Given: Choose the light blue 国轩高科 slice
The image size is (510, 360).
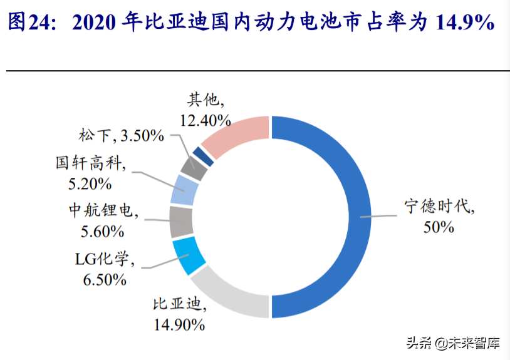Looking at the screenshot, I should pos(184,190).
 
